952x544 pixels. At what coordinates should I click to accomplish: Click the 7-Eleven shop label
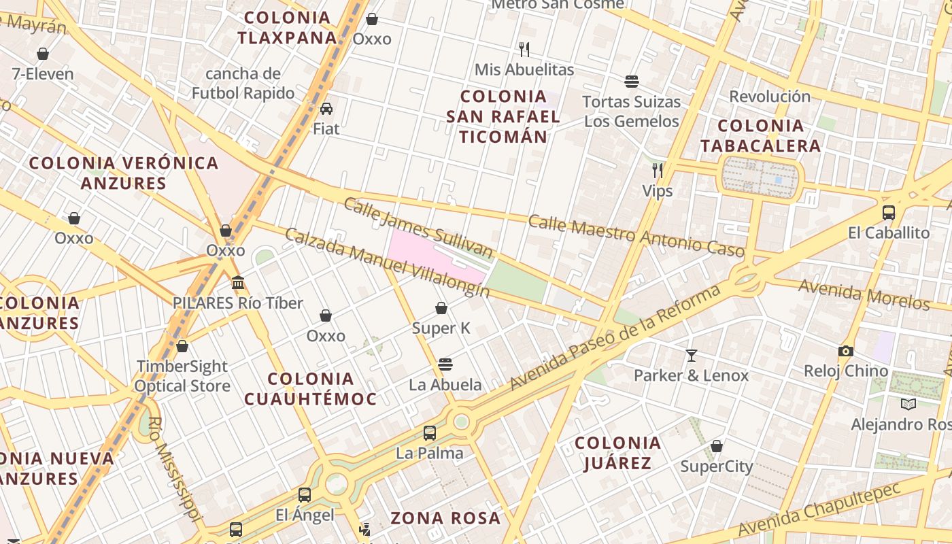point(43,73)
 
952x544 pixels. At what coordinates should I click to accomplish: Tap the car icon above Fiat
point(326,109)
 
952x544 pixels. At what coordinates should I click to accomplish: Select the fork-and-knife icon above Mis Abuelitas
point(524,49)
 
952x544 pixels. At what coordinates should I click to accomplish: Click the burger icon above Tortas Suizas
point(632,82)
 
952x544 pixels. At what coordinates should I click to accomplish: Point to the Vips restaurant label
point(658,191)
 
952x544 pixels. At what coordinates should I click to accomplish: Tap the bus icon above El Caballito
point(888,212)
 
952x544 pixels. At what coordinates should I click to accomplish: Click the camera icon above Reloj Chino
point(845,351)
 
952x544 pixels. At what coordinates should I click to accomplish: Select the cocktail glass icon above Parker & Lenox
point(691,355)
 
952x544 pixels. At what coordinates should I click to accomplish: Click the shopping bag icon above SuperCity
point(716,446)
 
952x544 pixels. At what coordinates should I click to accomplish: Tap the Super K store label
point(441,328)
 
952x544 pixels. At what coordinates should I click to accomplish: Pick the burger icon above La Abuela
point(445,364)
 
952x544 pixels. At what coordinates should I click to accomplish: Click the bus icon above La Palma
point(429,433)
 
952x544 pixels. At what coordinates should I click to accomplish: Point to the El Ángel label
point(305,515)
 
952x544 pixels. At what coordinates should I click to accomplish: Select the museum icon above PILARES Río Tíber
point(238,282)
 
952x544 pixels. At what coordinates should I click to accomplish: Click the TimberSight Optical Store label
point(182,376)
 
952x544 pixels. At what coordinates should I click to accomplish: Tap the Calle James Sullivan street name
point(418,228)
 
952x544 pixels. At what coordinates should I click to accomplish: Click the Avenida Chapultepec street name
point(819,509)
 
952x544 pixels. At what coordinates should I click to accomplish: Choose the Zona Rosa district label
point(445,518)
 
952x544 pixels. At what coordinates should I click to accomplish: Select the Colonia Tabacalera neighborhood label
point(760,135)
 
